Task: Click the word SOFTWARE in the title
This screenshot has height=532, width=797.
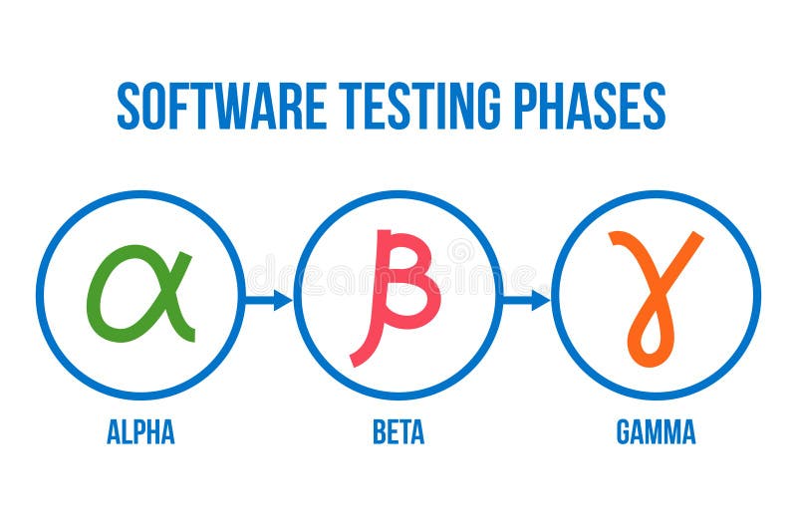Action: (x=222, y=106)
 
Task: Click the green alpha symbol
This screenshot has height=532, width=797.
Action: (x=139, y=295)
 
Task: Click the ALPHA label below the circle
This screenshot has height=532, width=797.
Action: (x=140, y=432)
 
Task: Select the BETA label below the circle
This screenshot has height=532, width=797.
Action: (x=398, y=432)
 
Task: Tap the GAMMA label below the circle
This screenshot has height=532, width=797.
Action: (x=656, y=432)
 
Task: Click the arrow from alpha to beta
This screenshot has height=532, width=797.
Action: (x=268, y=299)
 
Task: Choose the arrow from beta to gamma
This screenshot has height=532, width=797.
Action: (x=526, y=299)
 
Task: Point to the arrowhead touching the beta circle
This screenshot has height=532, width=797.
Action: (x=284, y=299)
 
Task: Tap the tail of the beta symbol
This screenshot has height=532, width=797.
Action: (x=361, y=355)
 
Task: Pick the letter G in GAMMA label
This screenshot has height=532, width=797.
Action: (x=625, y=432)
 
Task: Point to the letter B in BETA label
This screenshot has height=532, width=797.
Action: (x=380, y=432)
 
